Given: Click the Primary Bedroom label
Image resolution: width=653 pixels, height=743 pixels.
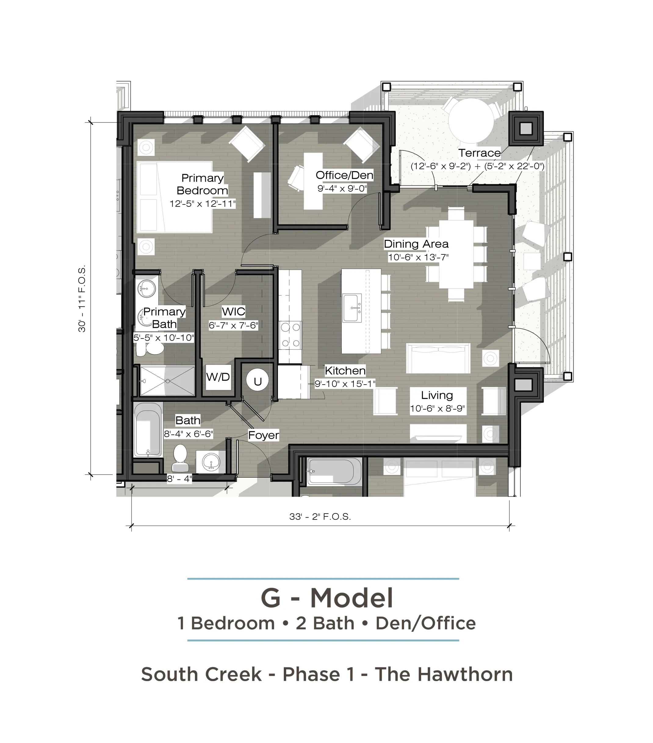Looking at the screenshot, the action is coord(202,184).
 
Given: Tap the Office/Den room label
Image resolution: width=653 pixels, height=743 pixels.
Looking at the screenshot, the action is coord(344,175).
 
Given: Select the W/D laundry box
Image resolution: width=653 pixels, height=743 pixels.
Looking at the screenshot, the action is coord(218,377).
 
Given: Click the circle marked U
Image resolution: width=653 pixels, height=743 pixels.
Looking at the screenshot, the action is coord(258,381).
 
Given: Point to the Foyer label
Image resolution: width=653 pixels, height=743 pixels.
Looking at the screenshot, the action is coord(264,435).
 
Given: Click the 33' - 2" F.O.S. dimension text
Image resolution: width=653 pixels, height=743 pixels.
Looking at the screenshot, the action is coord(320,517).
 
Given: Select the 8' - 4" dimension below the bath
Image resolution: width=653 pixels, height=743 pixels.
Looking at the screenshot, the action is coord(179,479).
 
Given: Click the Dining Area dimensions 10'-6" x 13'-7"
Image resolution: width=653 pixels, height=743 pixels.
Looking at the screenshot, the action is coord(418,257).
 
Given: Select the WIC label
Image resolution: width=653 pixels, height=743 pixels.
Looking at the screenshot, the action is coord(233,311).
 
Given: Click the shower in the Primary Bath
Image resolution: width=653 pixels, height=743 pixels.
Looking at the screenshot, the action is coord(168,381).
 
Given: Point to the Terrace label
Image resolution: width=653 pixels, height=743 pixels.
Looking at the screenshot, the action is coord(479,153).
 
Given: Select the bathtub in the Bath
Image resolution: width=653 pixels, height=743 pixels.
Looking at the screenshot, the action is coord(148,429).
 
